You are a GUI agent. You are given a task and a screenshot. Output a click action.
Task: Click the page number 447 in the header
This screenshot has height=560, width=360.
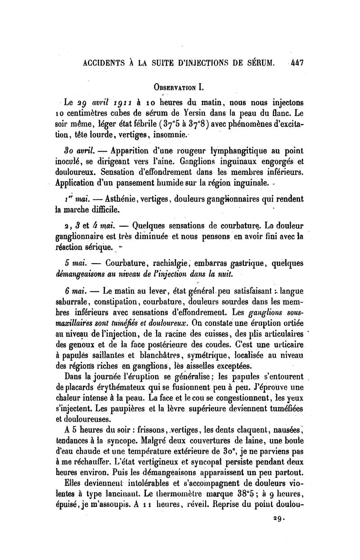297,63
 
